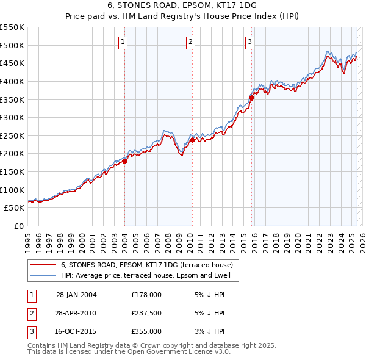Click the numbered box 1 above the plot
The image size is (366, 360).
(x=123, y=41)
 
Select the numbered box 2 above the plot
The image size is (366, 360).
(x=190, y=41)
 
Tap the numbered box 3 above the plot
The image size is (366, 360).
(x=250, y=41)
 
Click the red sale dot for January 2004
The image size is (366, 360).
(x=124, y=161)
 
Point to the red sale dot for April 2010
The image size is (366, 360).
(x=192, y=140)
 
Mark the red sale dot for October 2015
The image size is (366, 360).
(x=251, y=97)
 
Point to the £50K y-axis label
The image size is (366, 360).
(x=15, y=207)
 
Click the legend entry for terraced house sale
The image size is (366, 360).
(x=146, y=265)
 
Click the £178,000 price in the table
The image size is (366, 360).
(x=146, y=295)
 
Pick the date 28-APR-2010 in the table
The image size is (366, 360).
(x=76, y=313)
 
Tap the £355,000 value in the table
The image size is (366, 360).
(x=146, y=331)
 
